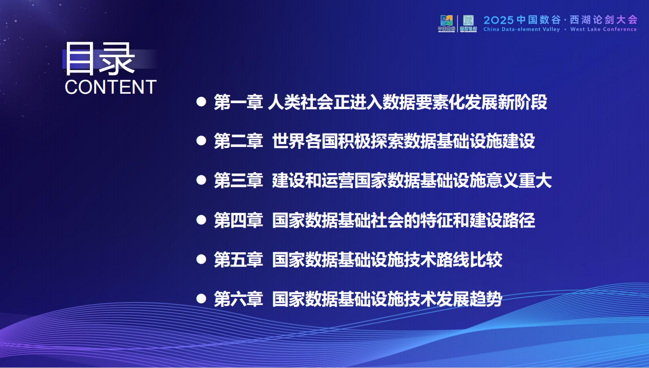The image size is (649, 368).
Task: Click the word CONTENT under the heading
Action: (111, 87)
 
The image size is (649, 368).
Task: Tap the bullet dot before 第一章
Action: (201, 102)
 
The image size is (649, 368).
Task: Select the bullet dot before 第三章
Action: (201, 181)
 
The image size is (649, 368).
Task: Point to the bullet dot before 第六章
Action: (201, 299)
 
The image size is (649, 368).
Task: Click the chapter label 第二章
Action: (238, 142)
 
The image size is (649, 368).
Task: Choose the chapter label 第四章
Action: (238, 221)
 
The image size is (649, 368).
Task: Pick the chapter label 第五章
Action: (238, 260)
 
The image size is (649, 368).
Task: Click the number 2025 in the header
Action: (499, 20)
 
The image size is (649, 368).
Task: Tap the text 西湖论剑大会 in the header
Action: (603, 20)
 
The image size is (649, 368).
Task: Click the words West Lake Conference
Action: (603, 29)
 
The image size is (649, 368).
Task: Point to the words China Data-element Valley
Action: (522, 29)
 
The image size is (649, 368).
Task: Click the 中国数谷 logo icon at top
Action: (447, 23)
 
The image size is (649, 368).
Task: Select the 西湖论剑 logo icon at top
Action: (468, 23)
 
